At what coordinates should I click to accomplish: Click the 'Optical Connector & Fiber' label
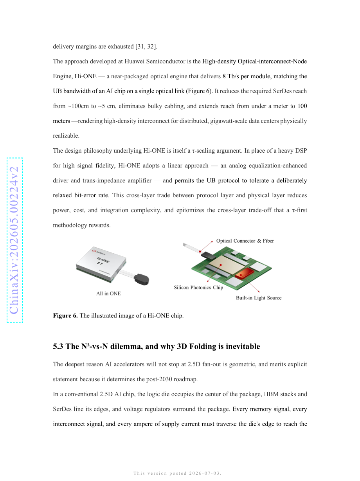245,241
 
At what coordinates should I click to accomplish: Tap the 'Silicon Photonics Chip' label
198,287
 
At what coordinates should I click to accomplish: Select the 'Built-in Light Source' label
259,297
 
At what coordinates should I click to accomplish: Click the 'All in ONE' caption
108,294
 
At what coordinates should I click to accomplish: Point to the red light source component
244,273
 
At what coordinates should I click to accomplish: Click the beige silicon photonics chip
227,265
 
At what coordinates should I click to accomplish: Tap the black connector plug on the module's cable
141,279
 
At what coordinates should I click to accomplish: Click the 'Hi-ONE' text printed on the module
103,260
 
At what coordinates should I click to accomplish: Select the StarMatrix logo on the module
99,252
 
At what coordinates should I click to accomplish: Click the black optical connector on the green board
209,255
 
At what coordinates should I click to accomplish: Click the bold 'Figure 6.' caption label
65,315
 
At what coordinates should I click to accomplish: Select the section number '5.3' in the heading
58,346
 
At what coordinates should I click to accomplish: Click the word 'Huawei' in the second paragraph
135,61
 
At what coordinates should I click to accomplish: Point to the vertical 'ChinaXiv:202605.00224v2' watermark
14,240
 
